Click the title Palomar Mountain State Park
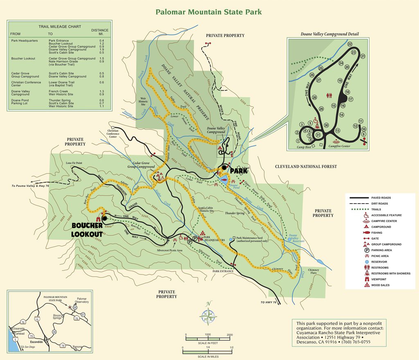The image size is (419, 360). coord(209,11)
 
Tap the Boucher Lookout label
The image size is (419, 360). coord(88,230)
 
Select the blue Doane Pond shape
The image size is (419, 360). coord(223,179)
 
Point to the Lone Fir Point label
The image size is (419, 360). coord(74,163)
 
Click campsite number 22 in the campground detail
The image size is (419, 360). coord(349,44)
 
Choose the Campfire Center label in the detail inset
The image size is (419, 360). coord(339,146)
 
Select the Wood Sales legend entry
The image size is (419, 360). coord(381,285)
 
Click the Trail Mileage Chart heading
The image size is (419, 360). coord(60,27)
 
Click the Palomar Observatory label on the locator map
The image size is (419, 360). coord(82,301)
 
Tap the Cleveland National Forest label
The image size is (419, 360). coord(306,167)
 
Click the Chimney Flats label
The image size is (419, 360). coord(313,272)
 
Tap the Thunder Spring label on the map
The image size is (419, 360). coord(234,213)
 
